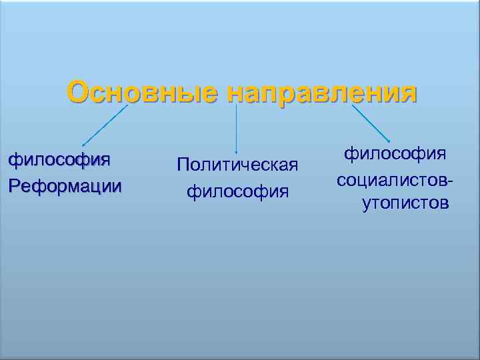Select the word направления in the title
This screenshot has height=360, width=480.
pos(321,94)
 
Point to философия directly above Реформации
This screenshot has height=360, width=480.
pos(59,160)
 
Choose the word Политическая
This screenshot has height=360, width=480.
pos(237,165)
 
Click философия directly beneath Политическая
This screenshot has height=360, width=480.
pos(237,193)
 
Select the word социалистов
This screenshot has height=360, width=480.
pos(393,179)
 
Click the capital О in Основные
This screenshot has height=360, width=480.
pos(79,93)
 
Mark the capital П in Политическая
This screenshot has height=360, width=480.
pos(183,165)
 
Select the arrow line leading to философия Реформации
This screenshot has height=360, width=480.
pos(105,125)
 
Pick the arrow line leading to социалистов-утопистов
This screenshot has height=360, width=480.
pos(369,121)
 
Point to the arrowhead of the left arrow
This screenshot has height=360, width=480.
pos(83,145)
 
